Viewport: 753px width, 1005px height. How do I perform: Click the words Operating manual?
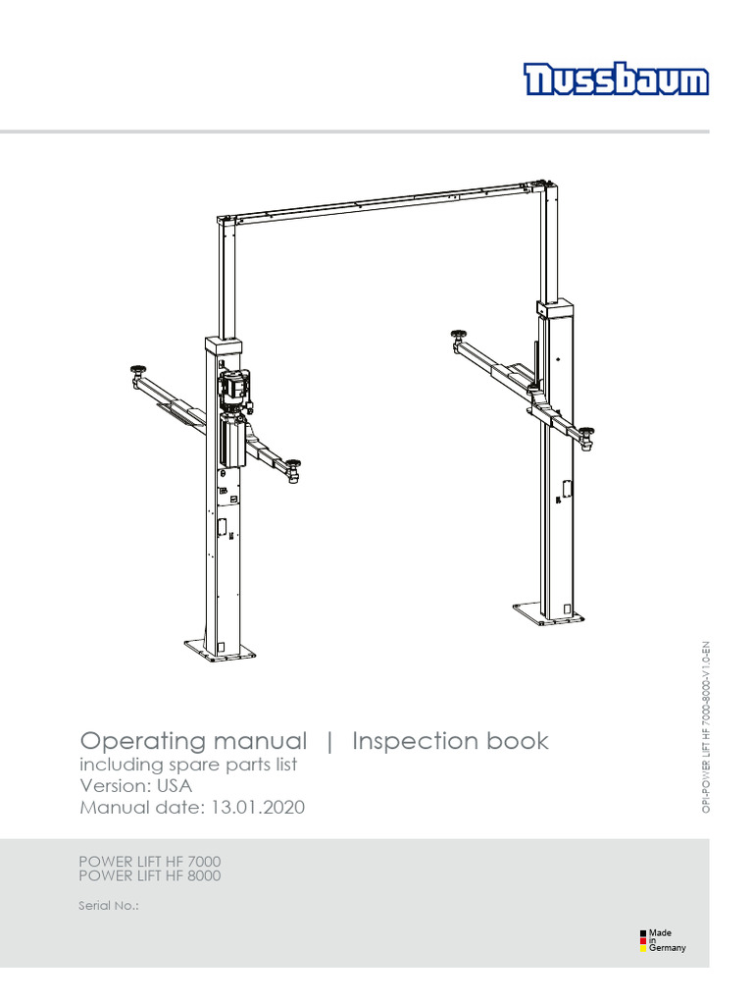click(x=193, y=741)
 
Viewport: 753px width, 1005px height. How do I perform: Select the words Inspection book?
click(x=450, y=741)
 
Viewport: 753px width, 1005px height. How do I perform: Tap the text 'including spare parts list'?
click(x=187, y=765)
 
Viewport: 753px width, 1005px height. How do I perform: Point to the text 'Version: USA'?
click(x=135, y=786)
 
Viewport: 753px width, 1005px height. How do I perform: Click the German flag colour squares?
click(x=643, y=940)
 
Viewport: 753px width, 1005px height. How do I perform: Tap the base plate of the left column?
click(x=220, y=649)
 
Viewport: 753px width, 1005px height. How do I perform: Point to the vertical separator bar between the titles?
click(x=329, y=742)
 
